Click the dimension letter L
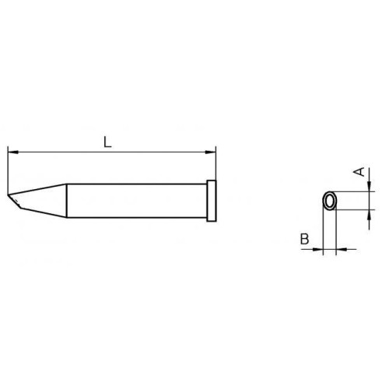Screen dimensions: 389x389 click(x=107, y=142)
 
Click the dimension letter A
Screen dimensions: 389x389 click(x=359, y=172)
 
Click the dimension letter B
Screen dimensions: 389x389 click(x=304, y=239)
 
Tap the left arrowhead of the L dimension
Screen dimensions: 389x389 click(x=13, y=152)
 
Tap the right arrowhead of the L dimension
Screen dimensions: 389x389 click(x=211, y=152)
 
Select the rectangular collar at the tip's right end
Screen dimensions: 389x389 click(x=212, y=201)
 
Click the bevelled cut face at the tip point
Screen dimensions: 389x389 click(x=15, y=201)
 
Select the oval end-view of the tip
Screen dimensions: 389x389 click(x=330, y=192)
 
